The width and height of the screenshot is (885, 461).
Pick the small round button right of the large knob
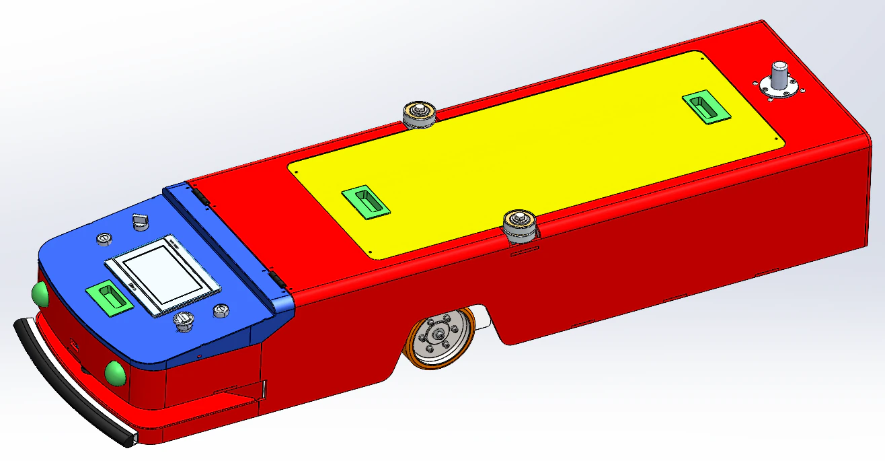(x=220, y=310)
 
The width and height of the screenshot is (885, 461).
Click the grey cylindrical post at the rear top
(x=779, y=75)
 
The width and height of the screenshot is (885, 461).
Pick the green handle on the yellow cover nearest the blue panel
(x=364, y=201)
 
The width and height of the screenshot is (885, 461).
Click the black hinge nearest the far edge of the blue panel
(x=200, y=197)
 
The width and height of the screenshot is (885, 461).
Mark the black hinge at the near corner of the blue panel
(x=276, y=277)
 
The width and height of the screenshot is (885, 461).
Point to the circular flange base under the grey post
(x=779, y=89)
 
